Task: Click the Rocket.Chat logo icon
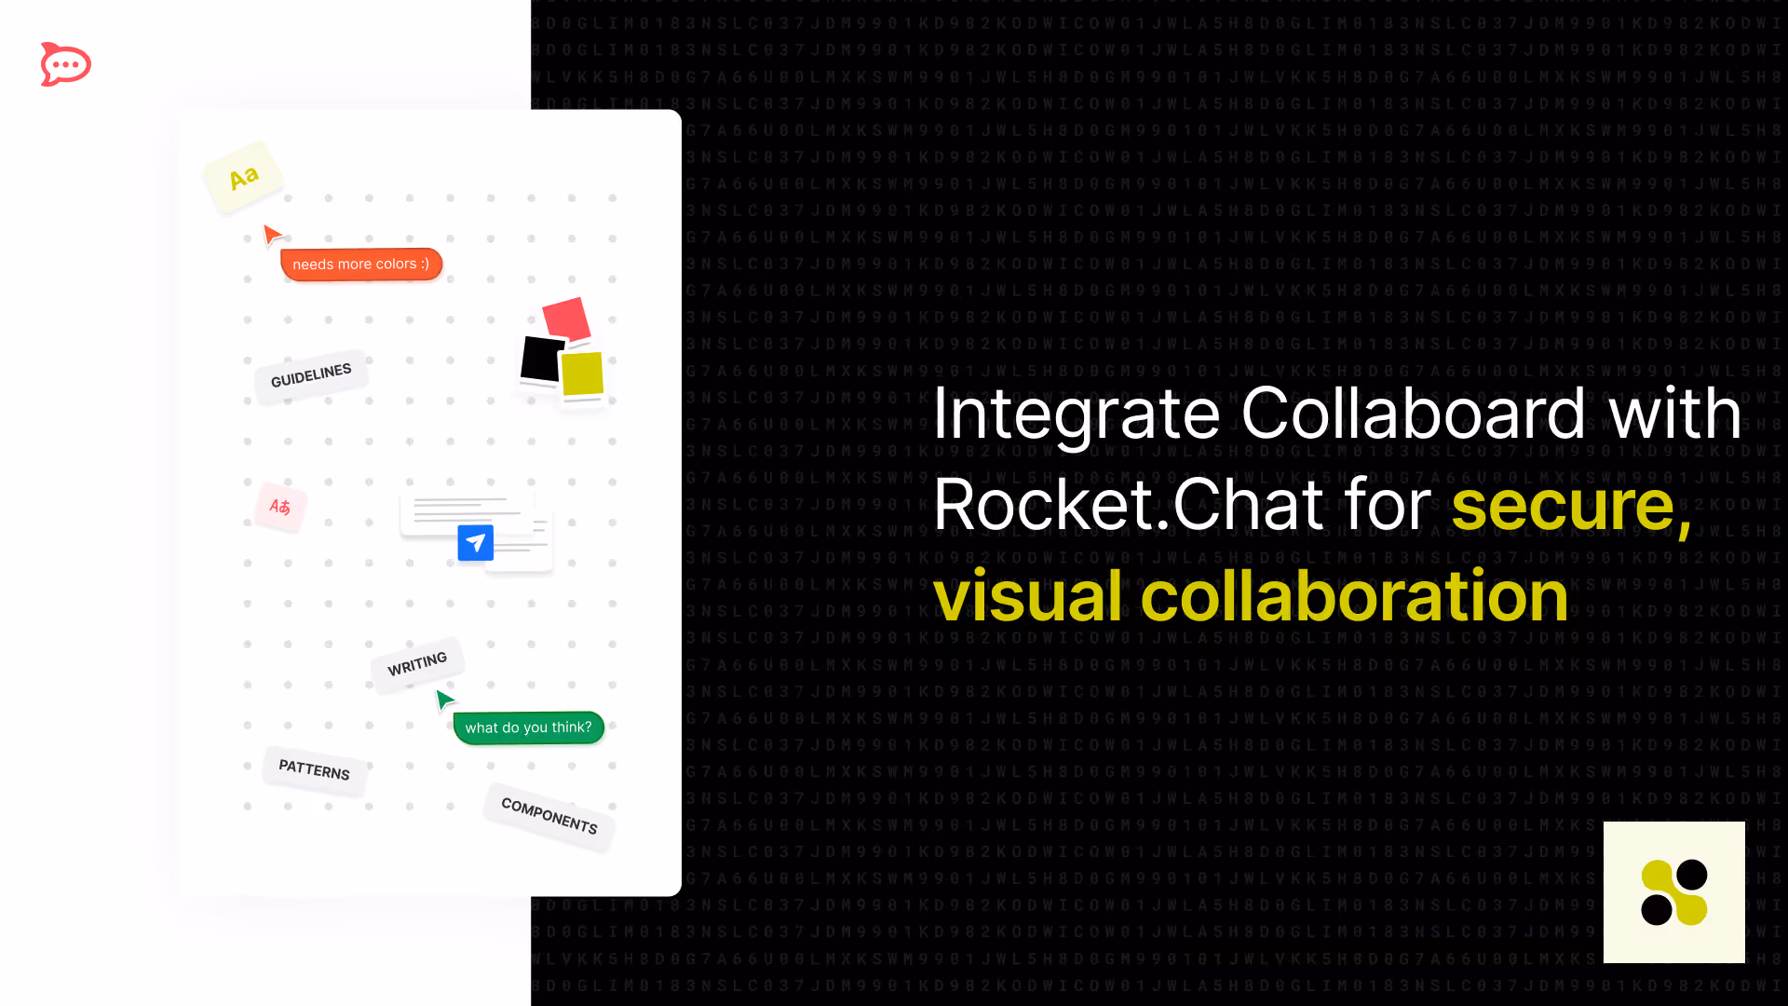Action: pos(65,64)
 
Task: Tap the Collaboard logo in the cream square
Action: pos(1673,891)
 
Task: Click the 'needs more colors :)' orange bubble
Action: pos(361,265)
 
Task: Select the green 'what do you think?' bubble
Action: pos(528,727)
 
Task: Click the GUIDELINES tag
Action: pos(311,375)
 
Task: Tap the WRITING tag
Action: pos(417,664)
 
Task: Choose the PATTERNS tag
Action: pos(314,770)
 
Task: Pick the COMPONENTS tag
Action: pos(549,816)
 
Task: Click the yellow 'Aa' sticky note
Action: pos(243,177)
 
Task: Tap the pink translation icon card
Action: pos(280,507)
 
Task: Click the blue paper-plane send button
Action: pos(475,542)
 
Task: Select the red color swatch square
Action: pos(566,319)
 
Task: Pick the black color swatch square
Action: pos(541,360)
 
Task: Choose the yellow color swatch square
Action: pos(583,374)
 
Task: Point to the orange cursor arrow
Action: pos(271,234)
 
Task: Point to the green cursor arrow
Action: pos(444,699)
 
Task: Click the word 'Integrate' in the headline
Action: pos(1076,415)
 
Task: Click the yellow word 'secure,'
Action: pos(1571,506)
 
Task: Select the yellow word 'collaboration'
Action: pos(1354,596)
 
